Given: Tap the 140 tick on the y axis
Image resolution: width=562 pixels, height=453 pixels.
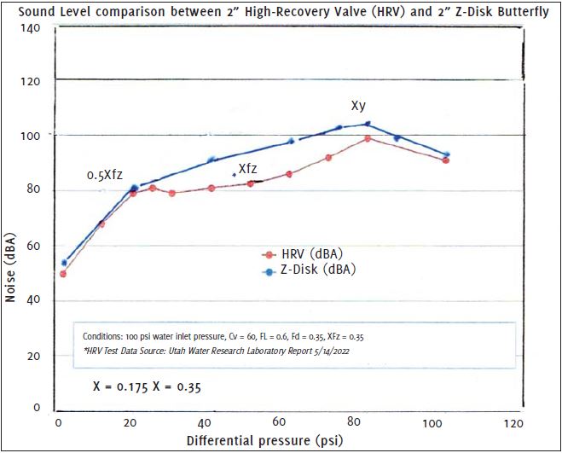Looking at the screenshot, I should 31,28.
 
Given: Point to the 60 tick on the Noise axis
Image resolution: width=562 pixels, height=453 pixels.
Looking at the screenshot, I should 34,246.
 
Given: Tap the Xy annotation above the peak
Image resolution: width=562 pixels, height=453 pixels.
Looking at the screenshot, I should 359,107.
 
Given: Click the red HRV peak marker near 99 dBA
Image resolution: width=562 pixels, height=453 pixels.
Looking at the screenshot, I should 368,138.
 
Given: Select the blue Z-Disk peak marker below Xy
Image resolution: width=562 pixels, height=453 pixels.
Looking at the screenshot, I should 368,124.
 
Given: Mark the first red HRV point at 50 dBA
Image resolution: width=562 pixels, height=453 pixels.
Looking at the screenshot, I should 63,274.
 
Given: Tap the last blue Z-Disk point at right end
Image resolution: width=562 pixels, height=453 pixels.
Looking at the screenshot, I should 446,154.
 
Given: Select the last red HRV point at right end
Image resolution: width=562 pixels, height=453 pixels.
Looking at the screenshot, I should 446,160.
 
